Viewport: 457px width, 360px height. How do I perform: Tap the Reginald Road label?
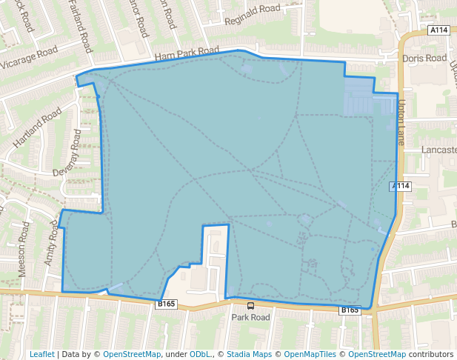click(253, 15)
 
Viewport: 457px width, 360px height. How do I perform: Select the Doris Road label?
click(424, 58)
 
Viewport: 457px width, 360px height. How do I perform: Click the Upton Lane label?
click(401, 122)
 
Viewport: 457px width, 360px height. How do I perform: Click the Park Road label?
click(250, 317)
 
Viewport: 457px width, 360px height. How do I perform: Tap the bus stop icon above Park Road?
click(250, 305)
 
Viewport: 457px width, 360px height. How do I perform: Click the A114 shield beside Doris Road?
click(438, 30)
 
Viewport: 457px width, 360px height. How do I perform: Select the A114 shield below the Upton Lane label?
click(400, 186)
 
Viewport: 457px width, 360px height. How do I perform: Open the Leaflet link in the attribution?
click(42, 354)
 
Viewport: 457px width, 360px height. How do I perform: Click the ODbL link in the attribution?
click(200, 354)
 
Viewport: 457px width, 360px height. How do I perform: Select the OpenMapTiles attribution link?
click(308, 354)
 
